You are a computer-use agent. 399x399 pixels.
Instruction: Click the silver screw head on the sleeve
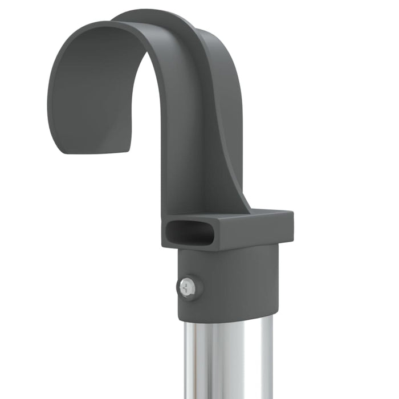[x=188, y=287]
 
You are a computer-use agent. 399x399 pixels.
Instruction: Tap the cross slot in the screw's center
[x=187, y=287]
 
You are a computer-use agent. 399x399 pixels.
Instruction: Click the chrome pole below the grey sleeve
[x=228, y=359]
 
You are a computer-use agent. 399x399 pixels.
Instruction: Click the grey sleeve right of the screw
[x=239, y=285]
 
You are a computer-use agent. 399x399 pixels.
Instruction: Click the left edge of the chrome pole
[x=185, y=365]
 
